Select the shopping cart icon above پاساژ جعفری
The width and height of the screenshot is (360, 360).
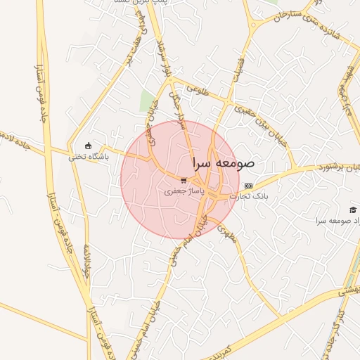(x=184, y=180)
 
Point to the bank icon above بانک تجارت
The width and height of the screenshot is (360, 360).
(x=247, y=186)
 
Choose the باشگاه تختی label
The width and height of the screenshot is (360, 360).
(x=89, y=156)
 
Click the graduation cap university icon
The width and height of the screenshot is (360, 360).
(x=352, y=210)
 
